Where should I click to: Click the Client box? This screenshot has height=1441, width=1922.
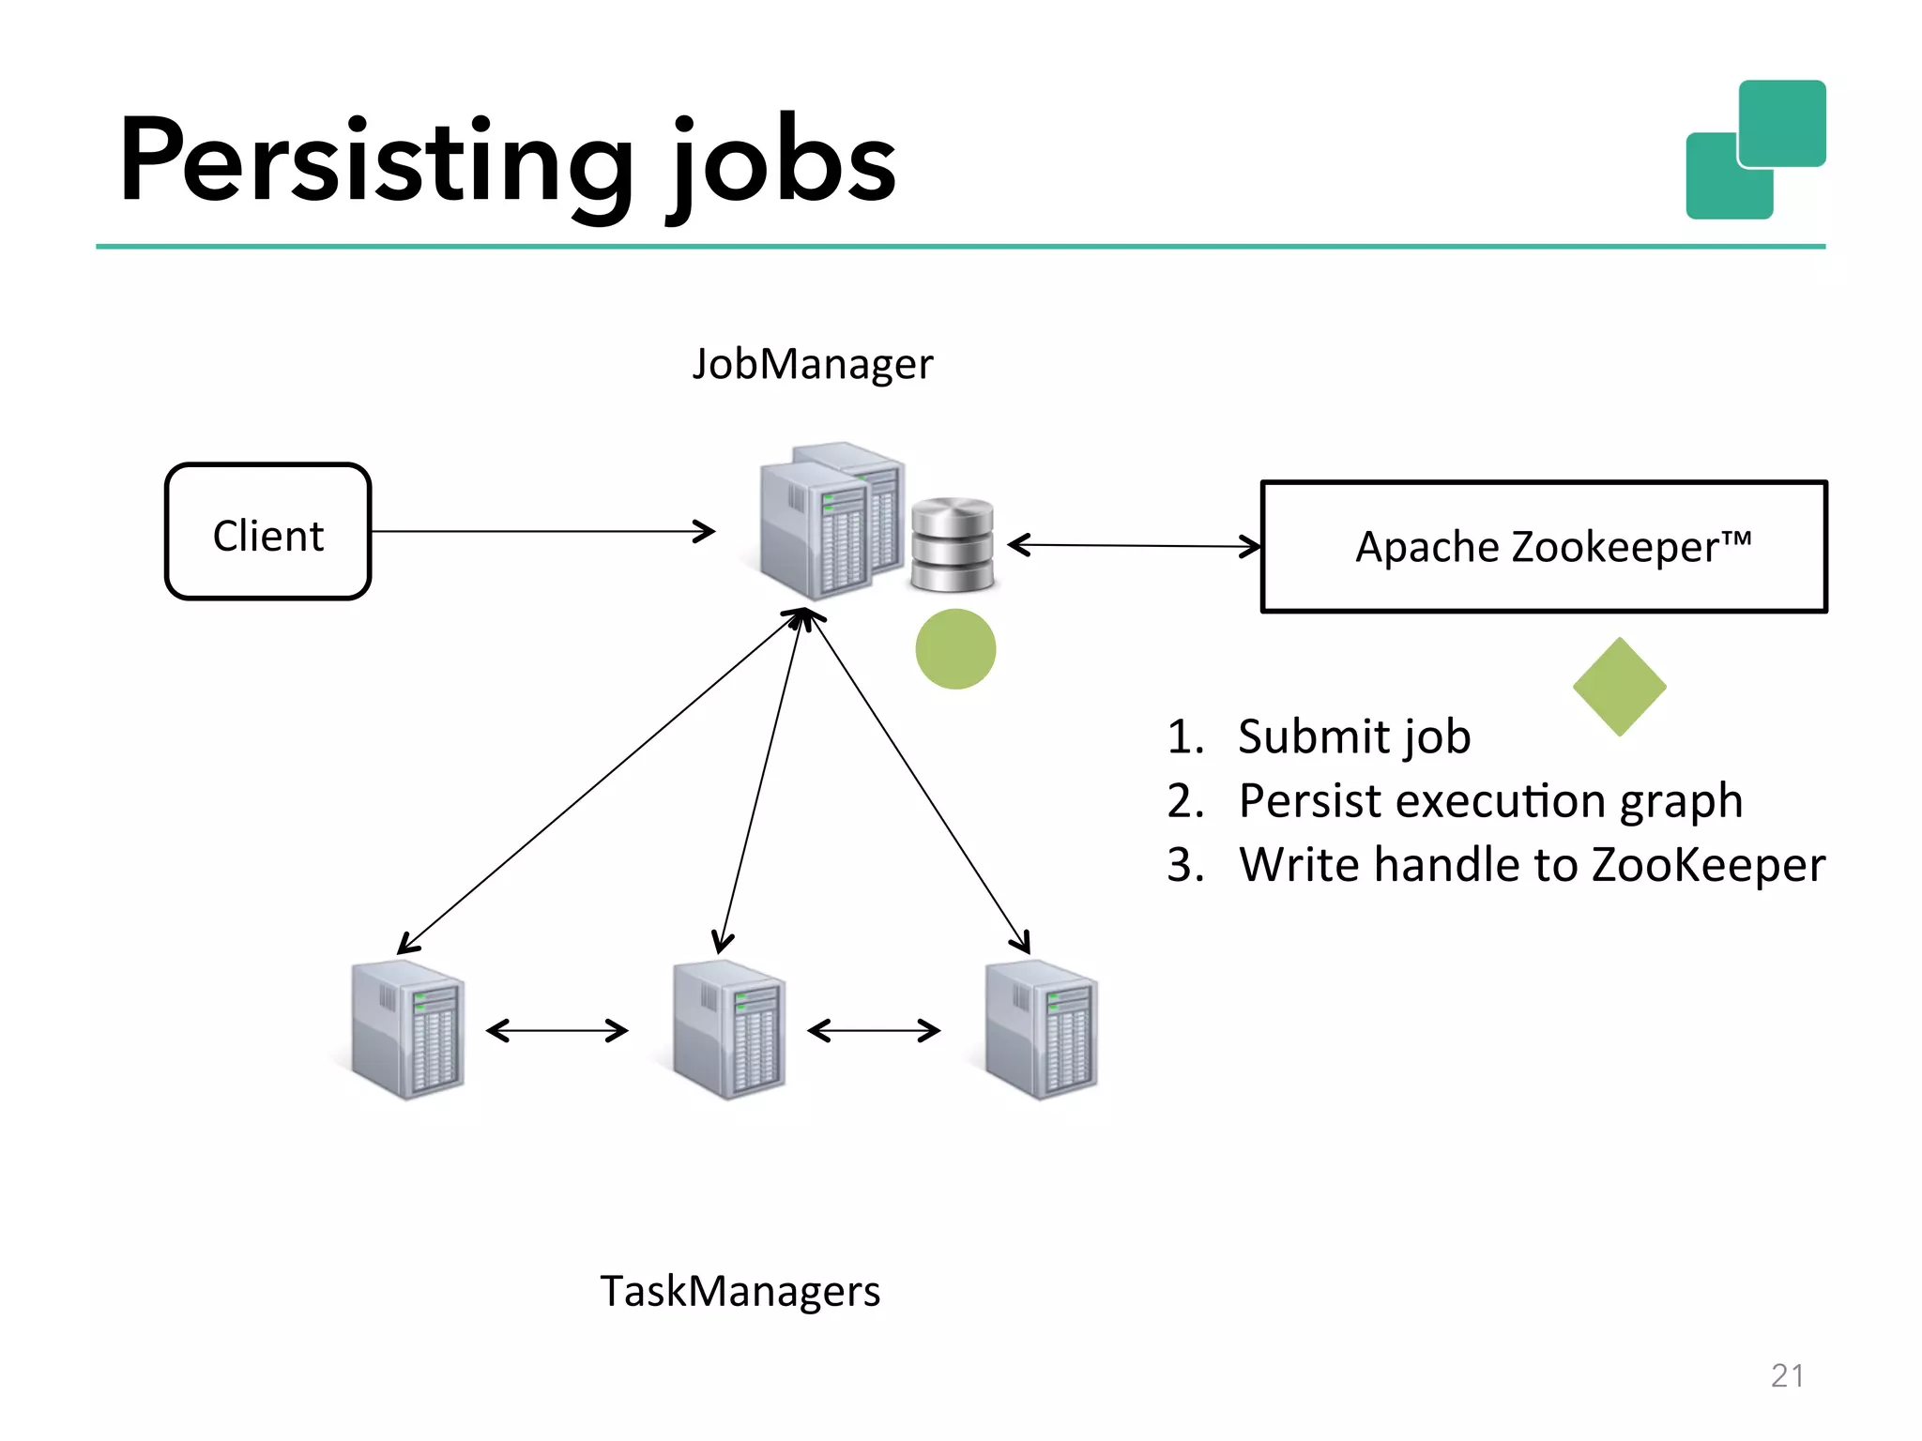pos(268,532)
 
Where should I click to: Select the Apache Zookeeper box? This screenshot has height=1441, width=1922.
pos(1544,547)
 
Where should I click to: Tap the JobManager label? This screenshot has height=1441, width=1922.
pos(813,364)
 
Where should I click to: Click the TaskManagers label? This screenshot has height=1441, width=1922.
pos(740,1291)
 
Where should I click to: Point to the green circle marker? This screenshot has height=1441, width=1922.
pos(955,649)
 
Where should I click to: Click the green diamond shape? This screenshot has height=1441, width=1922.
pos(1619,687)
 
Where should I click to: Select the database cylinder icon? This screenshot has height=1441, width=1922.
pos(952,545)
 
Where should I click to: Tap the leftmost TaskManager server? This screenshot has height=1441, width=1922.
pos(407,1030)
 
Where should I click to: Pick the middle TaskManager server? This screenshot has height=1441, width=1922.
pos(729,1030)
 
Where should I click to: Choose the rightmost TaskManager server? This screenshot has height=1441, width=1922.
pos(1041,1030)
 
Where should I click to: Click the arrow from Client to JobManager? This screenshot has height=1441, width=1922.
pos(542,532)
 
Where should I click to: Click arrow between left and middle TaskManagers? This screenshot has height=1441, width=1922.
pos(557,1031)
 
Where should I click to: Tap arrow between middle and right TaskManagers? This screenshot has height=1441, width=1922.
pos(874,1031)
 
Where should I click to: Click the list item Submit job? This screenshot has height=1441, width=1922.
pos(1353,736)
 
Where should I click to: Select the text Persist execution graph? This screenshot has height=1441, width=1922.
pos(1489,801)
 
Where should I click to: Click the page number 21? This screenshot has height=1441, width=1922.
pos(1787,1375)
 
